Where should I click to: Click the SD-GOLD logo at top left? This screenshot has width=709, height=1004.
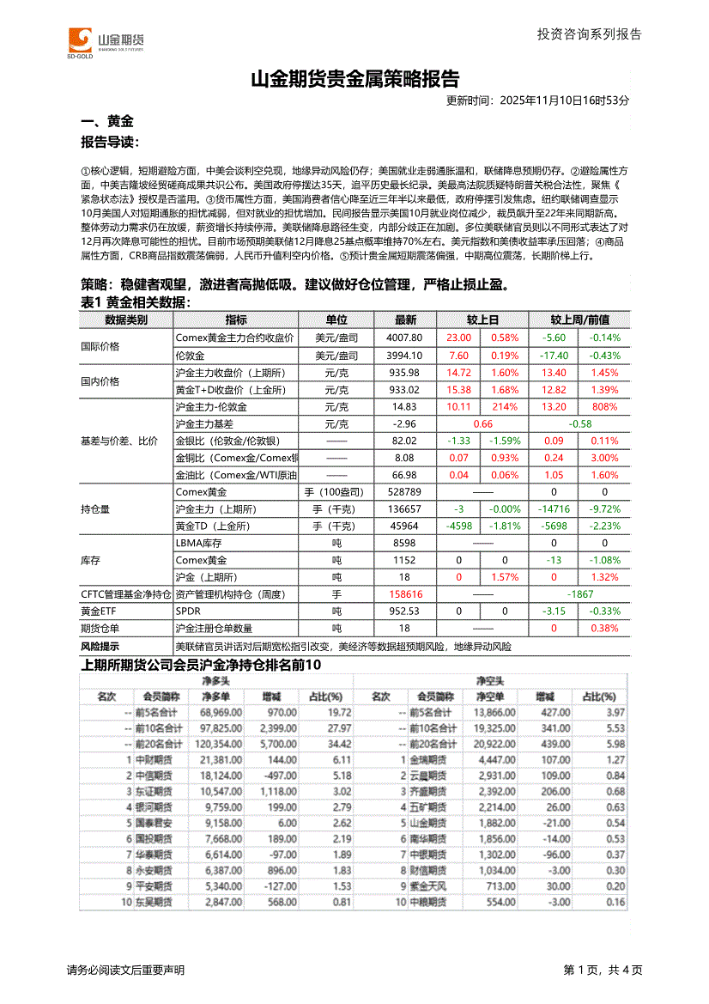[x=80, y=41]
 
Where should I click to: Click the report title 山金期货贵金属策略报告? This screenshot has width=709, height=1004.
[x=354, y=80]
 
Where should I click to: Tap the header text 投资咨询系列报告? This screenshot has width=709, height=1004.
[x=589, y=34]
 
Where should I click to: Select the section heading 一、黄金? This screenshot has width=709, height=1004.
[x=106, y=121]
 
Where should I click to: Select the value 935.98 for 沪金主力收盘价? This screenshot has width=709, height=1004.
[x=404, y=373]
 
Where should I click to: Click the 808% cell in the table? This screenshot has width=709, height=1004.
[x=604, y=406]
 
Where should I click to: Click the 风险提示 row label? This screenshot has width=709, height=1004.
[x=100, y=646]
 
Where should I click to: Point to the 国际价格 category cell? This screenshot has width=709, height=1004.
[x=100, y=347]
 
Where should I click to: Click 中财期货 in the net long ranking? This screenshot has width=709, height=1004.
[x=154, y=760]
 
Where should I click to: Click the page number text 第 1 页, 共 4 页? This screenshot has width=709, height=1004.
[x=603, y=970]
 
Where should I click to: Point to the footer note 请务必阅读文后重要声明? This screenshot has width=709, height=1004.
[x=124, y=970]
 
